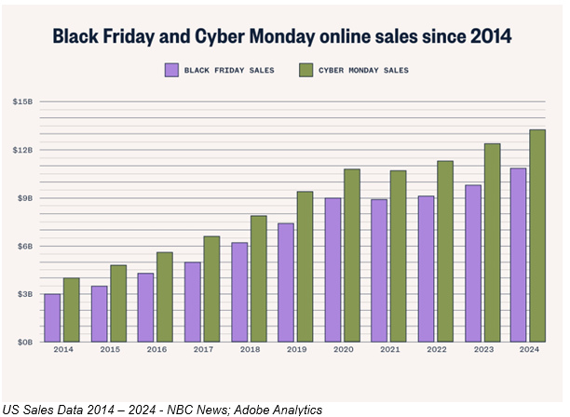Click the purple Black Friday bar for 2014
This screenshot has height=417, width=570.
(x=52, y=317)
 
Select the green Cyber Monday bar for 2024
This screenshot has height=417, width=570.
(x=537, y=235)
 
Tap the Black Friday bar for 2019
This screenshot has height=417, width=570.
(x=286, y=282)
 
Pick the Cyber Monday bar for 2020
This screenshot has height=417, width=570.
(x=351, y=255)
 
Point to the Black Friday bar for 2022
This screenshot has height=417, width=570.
(x=427, y=268)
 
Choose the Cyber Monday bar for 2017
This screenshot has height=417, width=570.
(x=211, y=289)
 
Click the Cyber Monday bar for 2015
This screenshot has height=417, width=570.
(x=118, y=303)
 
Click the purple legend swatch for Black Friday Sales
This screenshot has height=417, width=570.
(x=171, y=70)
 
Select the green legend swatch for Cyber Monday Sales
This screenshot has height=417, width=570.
(x=305, y=70)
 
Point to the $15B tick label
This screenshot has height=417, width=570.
(x=22, y=101)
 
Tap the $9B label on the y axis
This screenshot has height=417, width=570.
(x=23, y=198)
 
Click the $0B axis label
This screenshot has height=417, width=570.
(x=23, y=343)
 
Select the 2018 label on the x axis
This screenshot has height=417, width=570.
(x=249, y=349)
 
